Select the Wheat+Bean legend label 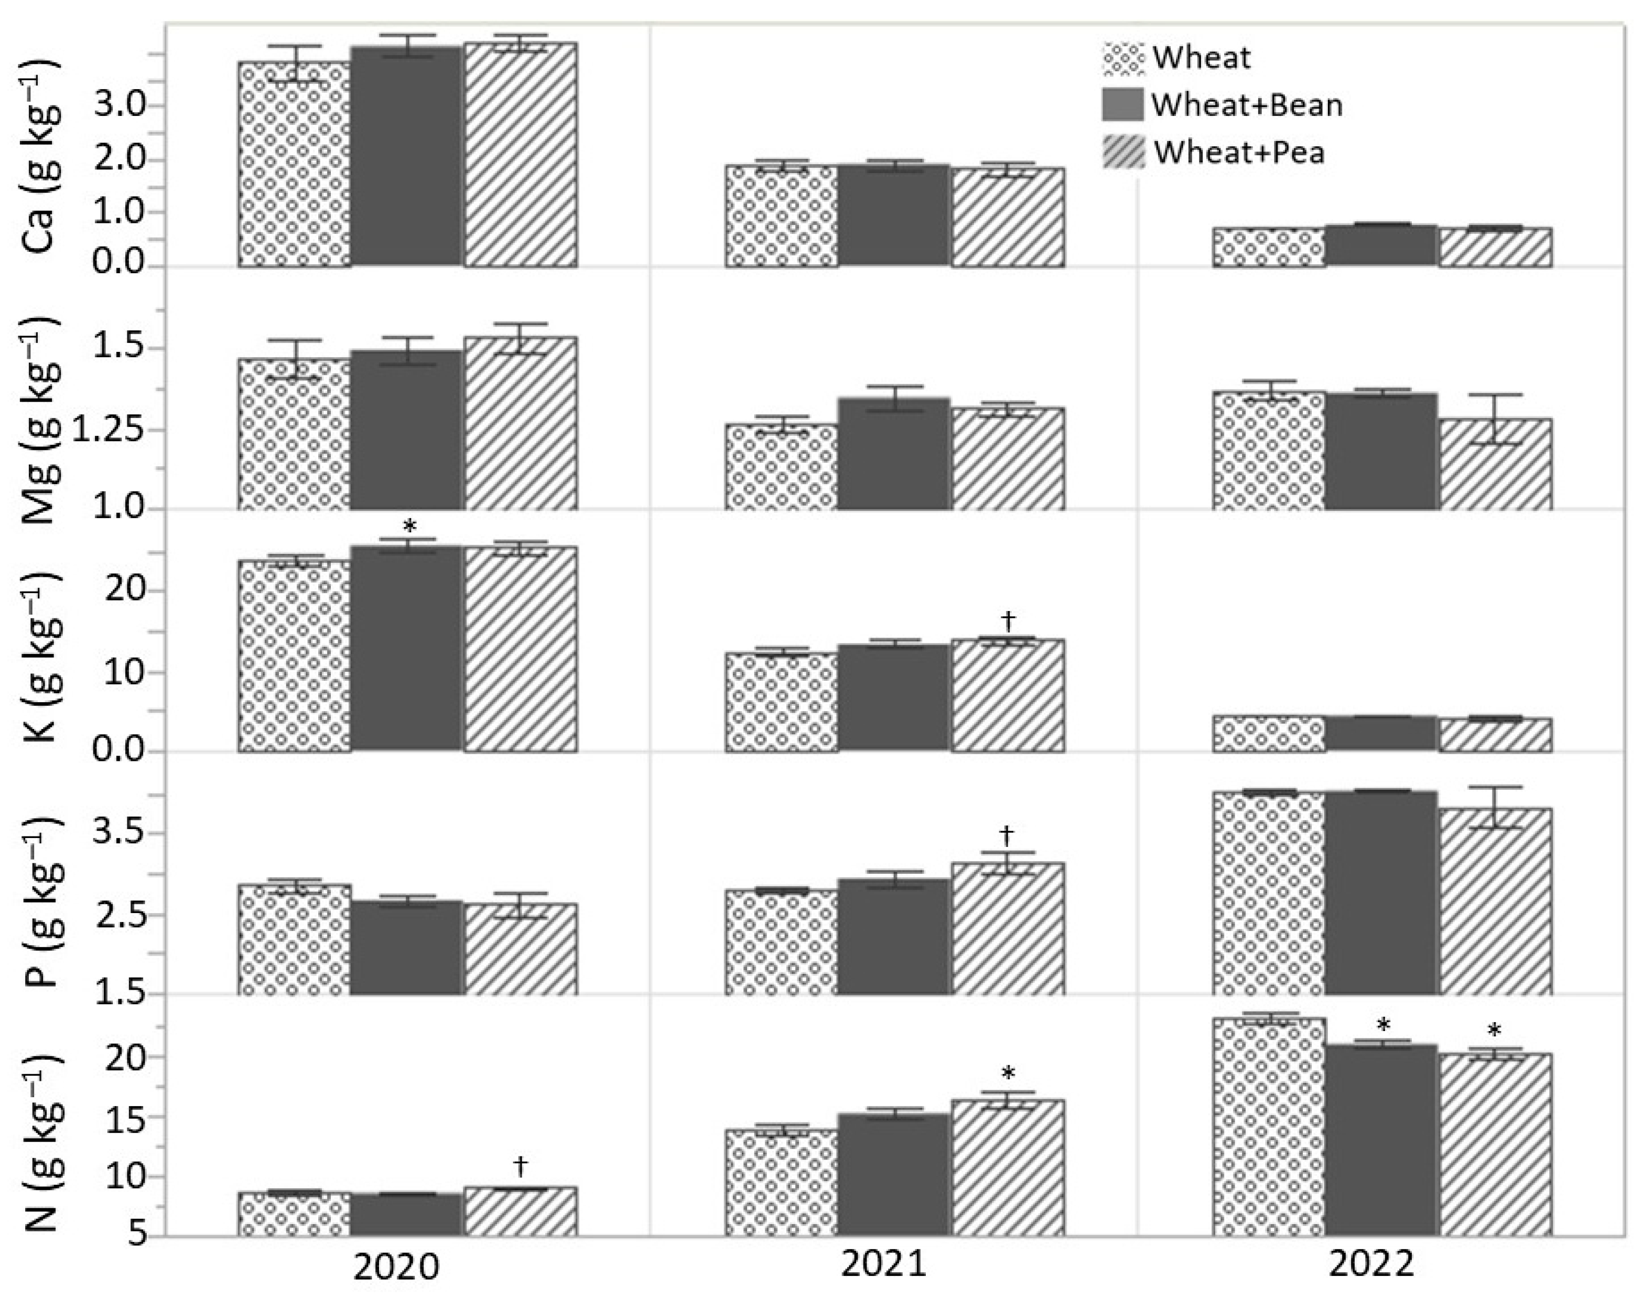click(1247, 105)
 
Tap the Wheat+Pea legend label click(1239, 153)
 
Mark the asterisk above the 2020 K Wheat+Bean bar click(409, 527)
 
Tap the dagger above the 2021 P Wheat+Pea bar click(1007, 835)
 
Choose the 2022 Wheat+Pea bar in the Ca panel click(1495, 248)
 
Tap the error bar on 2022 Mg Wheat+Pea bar click(1495, 419)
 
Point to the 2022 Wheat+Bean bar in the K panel click(1381, 734)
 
